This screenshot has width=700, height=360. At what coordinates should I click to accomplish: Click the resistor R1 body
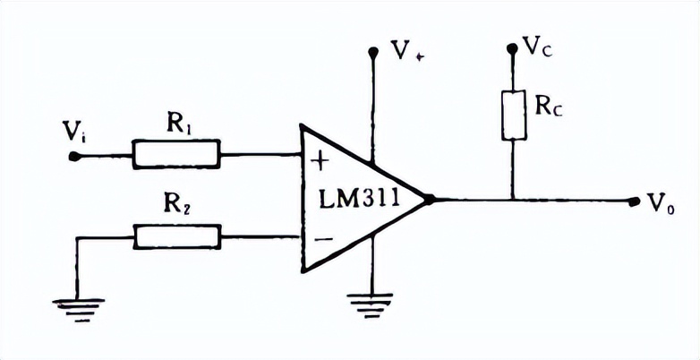tap(175, 154)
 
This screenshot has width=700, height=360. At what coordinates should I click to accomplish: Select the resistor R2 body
tap(176, 236)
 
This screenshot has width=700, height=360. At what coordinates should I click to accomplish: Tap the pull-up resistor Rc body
tap(513, 115)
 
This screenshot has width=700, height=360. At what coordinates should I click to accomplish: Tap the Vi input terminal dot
tap(75, 155)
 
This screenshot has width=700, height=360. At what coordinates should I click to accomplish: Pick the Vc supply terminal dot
tap(513, 50)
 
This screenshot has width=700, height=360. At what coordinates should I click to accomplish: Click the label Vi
tap(73, 132)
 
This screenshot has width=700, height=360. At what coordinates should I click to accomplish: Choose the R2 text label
tap(177, 208)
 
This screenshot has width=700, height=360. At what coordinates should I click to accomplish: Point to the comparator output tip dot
tap(430, 200)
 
